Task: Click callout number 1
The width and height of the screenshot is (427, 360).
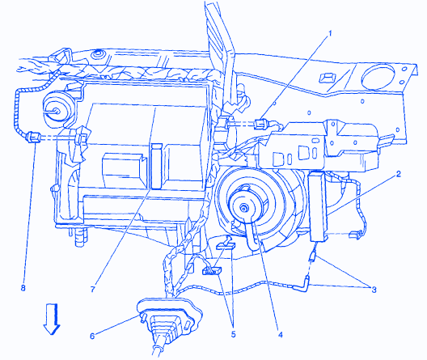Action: (x=330, y=34)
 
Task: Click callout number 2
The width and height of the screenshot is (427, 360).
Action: (x=398, y=174)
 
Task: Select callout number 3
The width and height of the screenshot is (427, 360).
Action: (x=374, y=290)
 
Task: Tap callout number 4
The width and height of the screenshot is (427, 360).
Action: (x=280, y=334)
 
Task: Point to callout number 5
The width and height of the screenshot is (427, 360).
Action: (x=234, y=334)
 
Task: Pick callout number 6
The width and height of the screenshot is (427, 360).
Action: (x=92, y=336)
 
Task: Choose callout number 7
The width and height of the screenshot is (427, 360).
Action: (x=92, y=289)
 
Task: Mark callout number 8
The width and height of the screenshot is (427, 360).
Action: (x=23, y=287)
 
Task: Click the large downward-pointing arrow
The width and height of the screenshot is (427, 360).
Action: (x=52, y=319)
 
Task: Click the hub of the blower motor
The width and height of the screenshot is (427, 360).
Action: (x=243, y=209)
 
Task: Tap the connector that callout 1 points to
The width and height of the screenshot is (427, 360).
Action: (x=261, y=124)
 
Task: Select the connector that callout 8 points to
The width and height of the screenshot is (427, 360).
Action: (x=33, y=137)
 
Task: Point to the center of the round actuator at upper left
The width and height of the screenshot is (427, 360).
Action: (x=56, y=110)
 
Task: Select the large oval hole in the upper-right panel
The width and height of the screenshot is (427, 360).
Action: (x=378, y=77)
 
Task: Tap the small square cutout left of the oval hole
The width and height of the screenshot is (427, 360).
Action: (x=326, y=78)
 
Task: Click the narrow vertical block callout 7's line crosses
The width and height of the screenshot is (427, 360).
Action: (x=157, y=166)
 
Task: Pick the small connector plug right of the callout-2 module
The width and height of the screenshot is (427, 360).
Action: (x=354, y=234)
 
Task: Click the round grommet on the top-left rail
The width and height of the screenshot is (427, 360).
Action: (x=97, y=54)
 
